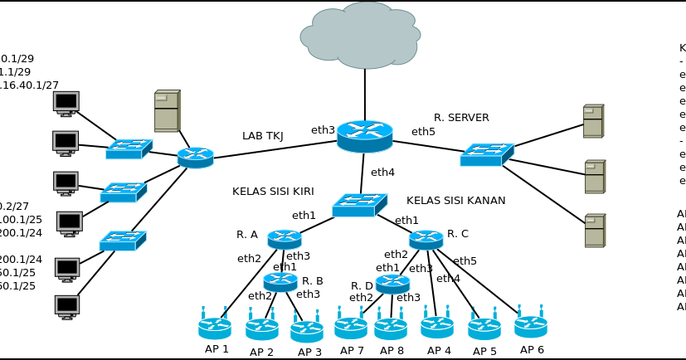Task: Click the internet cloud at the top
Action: point(362,36)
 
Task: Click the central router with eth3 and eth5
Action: point(364,136)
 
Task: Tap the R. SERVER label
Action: point(461,118)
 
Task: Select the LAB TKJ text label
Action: point(263,136)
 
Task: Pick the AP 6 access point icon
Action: point(530,325)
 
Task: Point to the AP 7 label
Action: point(352,351)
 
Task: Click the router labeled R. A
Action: point(285,239)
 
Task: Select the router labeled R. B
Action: point(280,282)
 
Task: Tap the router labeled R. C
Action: point(426,239)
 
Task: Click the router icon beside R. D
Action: point(392,284)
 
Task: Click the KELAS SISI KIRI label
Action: point(273,192)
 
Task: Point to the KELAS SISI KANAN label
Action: point(455,201)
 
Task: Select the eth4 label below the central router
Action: point(382,173)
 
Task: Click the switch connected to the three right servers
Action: point(487,154)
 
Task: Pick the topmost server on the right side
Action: point(593,121)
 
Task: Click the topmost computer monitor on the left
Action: point(66,103)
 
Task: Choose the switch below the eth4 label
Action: point(359,205)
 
